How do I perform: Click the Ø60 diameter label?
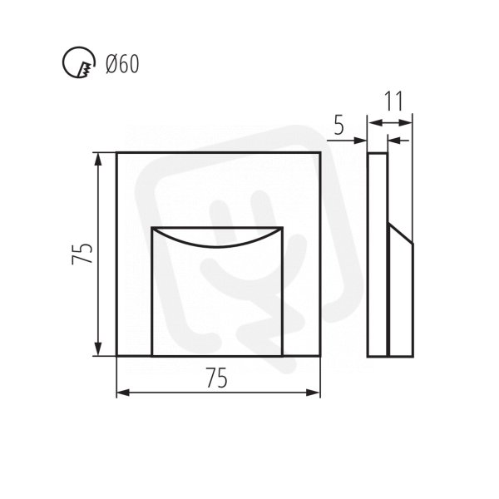[122, 64]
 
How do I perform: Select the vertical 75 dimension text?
[82, 254]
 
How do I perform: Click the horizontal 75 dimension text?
[217, 378]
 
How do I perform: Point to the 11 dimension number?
[394, 101]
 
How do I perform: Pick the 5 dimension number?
[339, 126]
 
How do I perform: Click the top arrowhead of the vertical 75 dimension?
[98, 159]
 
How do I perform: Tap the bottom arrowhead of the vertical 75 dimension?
[98, 349]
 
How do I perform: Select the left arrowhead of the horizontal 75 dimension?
[123, 393]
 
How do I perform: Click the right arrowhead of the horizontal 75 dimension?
[314, 393]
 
